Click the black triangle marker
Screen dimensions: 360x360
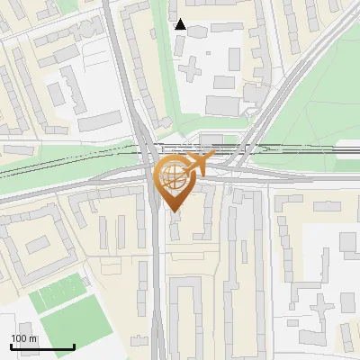181,24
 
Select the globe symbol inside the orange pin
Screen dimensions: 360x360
173,177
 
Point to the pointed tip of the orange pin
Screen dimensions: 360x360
174,211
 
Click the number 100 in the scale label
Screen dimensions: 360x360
19,338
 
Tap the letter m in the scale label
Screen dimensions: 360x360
33,338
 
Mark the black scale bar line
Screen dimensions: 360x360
42,347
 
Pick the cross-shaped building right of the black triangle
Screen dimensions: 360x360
190,66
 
